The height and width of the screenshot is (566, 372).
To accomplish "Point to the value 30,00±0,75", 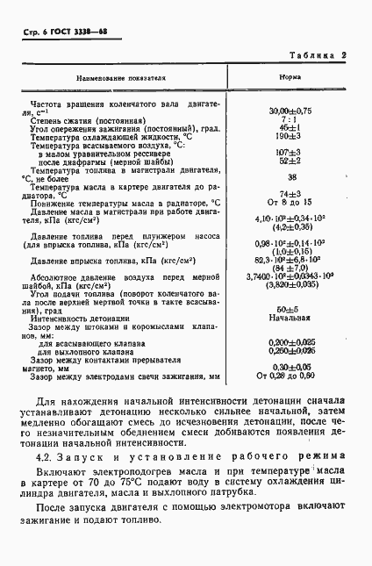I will [x=290, y=111].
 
